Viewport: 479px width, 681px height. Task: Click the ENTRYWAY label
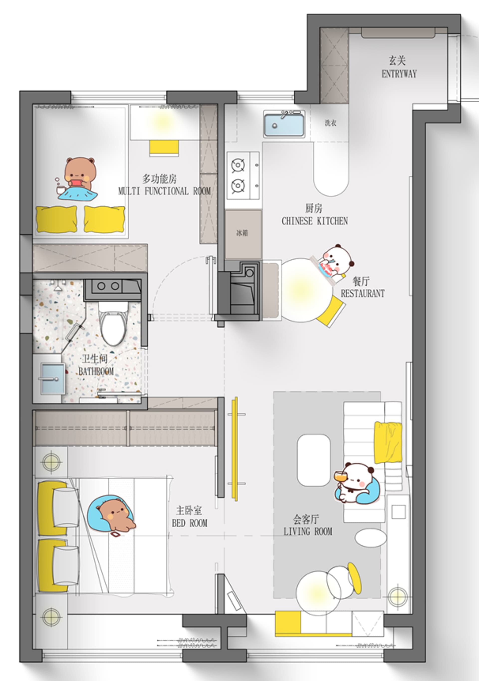coord(399,74)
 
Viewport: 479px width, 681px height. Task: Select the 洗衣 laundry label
coord(330,123)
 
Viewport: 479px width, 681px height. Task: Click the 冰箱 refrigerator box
coord(243,233)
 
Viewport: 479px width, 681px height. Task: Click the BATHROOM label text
coord(96,371)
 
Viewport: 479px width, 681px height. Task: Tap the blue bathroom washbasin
coord(53,379)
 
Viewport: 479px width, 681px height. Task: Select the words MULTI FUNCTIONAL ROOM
coord(164,191)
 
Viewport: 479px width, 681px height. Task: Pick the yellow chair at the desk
coord(164,148)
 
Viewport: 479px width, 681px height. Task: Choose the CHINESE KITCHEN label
coord(315,221)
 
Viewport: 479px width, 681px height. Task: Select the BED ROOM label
coord(189,523)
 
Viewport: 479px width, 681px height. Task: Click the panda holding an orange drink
coord(355,483)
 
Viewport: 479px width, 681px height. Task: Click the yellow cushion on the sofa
coord(388,442)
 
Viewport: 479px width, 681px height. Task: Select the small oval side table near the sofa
coord(371,537)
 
